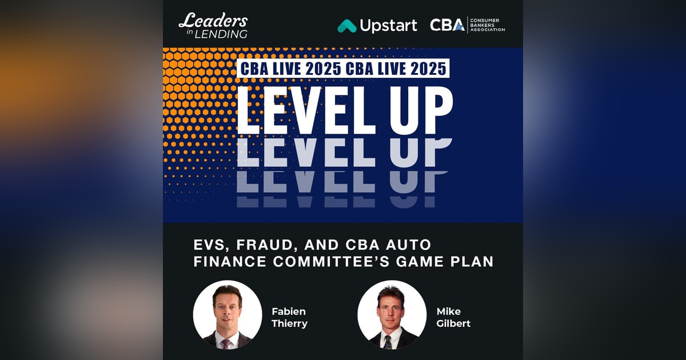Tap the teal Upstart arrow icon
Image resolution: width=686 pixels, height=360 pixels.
(346, 26)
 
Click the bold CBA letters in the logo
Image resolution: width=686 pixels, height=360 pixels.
(447, 25)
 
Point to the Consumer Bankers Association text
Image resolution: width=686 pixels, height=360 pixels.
(488, 25)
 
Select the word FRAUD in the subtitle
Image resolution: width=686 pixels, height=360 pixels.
(266, 245)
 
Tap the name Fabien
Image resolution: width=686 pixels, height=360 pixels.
(289, 312)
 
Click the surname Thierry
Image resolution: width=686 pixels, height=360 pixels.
(289, 324)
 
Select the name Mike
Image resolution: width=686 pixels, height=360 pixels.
(449, 312)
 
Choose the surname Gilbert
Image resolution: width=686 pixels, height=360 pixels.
(453, 324)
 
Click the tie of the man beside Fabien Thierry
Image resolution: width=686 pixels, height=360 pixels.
(227, 343)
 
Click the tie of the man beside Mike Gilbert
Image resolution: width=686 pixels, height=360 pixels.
(389, 342)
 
